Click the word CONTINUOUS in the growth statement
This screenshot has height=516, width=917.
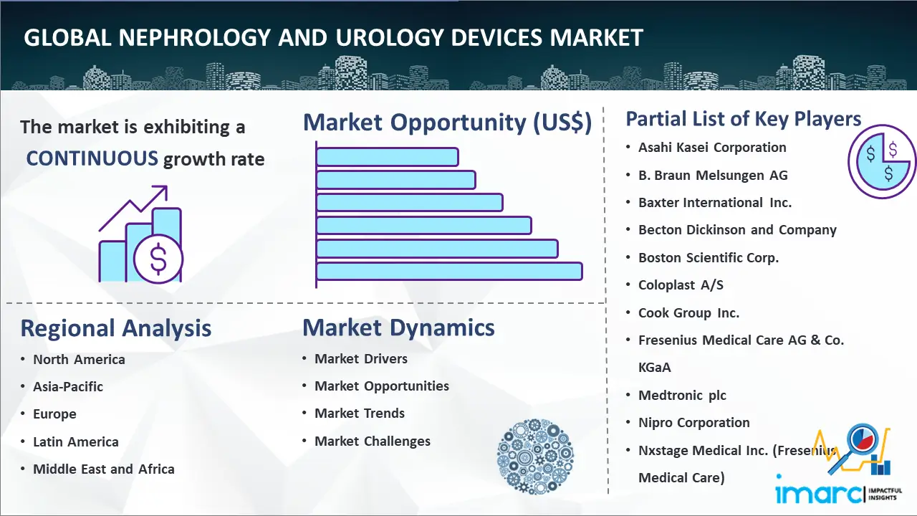(92, 158)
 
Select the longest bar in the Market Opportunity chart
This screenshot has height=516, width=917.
(449, 272)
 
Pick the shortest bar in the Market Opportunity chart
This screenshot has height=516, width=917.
(388, 157)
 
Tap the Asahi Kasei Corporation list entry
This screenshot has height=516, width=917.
(712, 148)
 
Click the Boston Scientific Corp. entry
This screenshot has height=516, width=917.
(709, 257)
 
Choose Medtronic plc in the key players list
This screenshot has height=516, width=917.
(683, 395)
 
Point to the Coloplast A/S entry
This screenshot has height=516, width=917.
(681, 285)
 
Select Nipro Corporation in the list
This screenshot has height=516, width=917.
(694, 423)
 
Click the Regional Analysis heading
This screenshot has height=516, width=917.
(116, 328)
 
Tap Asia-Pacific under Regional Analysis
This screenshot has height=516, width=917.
(68, 386)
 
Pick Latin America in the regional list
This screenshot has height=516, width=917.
(76, 442)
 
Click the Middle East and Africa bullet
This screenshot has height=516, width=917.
(104, 469)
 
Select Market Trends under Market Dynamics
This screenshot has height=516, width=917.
(360, 414)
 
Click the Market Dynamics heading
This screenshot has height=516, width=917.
(398, 328)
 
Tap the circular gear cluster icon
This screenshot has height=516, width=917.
(535, 457)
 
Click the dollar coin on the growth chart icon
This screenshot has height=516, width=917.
(158, 259)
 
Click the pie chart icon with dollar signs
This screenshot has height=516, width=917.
(881, 162)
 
